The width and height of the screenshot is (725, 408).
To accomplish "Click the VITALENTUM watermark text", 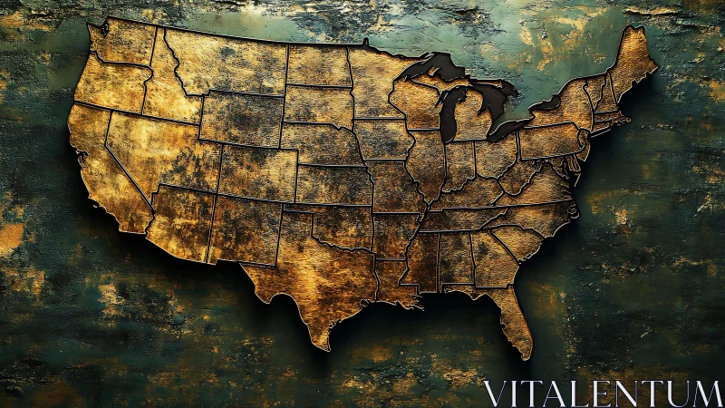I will coord(602,393).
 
